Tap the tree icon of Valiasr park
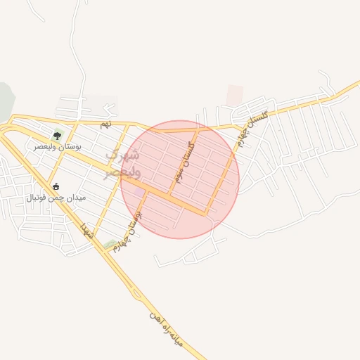point(57,136)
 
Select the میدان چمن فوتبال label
point(56,198)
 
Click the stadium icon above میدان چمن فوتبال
point(57,187)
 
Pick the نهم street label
point(105,124)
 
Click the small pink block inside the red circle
point(139,192)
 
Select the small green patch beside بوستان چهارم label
point(110,245)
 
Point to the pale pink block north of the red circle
point(234,95)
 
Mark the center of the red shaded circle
point(180,179)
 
